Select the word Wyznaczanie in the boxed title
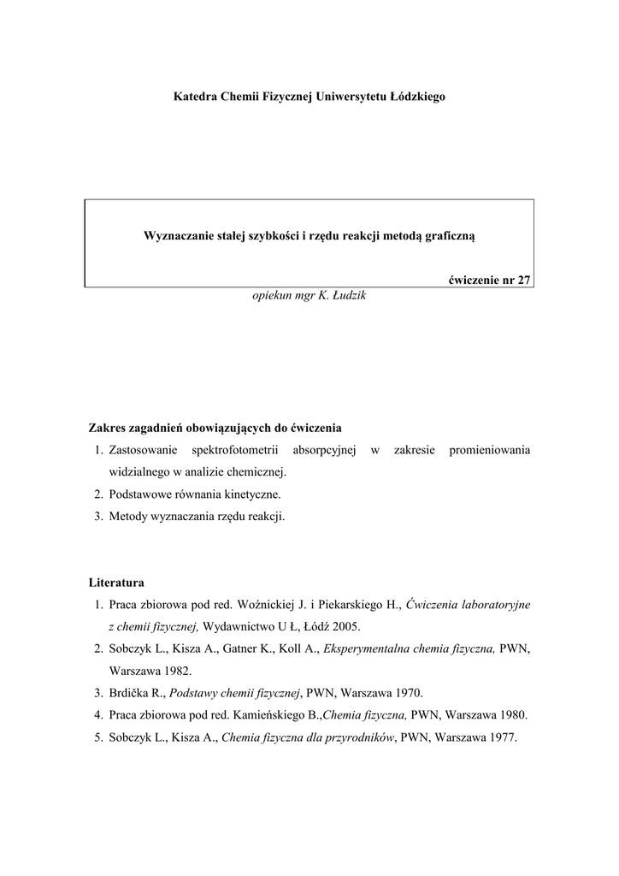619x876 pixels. coord(175,234)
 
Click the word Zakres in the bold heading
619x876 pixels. coord(108,428)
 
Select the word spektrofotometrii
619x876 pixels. coord(231,450)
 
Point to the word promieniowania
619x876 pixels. coord(489,450)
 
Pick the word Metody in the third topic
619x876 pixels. coord(127,517)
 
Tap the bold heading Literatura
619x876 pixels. coord(116,583)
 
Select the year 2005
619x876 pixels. coord(346,627)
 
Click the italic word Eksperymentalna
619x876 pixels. coord(370,649)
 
